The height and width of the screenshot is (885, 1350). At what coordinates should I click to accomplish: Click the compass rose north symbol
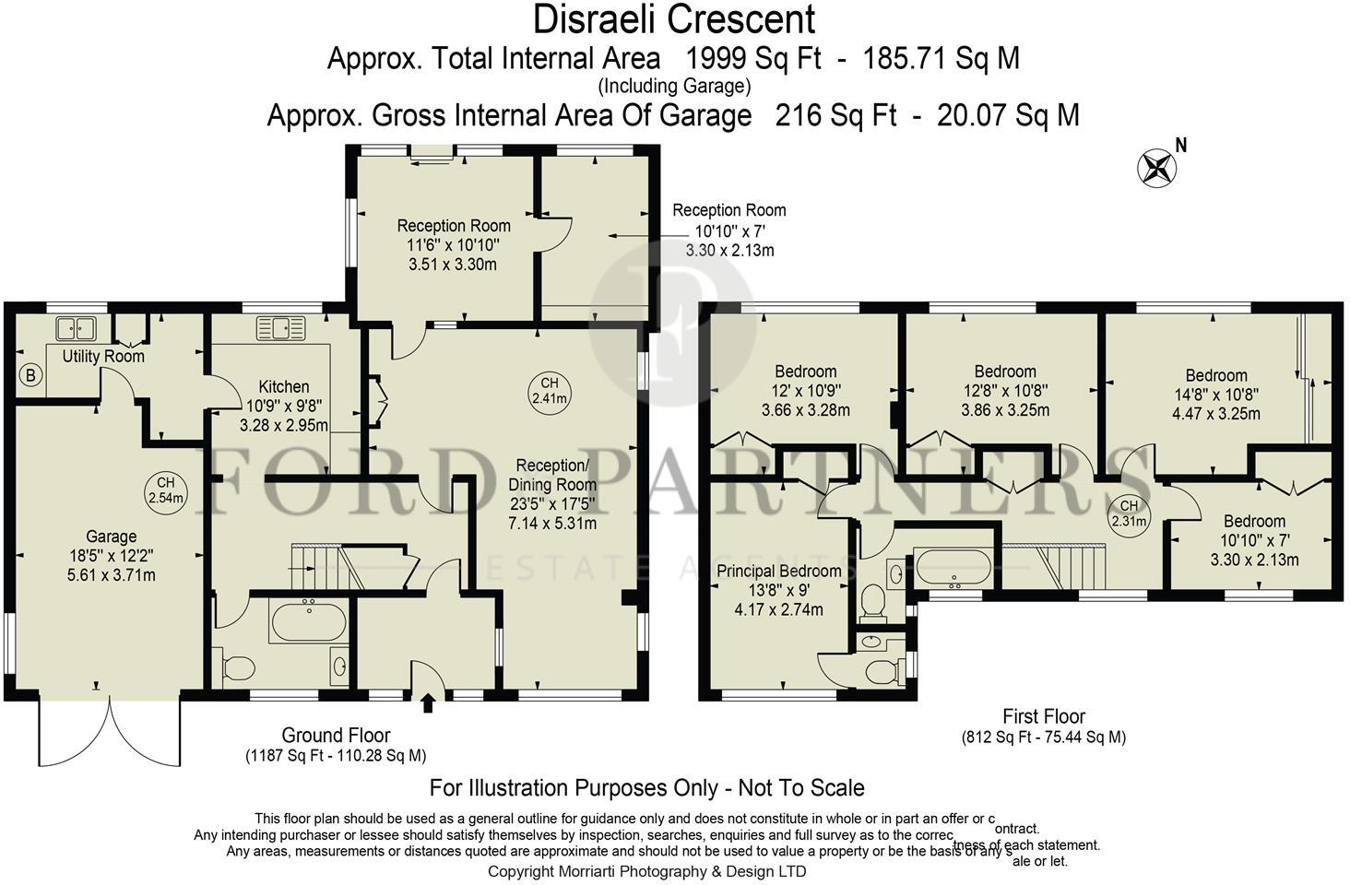click(1156, 167)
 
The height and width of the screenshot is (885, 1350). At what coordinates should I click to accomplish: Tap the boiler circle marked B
click(30, 375)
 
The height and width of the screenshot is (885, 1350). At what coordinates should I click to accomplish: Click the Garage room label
click(112, 537)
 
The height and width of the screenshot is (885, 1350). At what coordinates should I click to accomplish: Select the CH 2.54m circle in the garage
click(166, 490)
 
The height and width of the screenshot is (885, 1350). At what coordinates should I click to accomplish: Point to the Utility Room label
click(103, 356)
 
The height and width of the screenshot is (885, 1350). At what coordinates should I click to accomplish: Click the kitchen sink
click(281, 327)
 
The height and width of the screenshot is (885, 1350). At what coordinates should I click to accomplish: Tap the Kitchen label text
click(283, 387)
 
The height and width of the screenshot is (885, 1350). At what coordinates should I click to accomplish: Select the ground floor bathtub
click(308, 621)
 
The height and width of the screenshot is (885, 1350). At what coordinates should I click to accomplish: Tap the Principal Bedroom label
click(779, 572)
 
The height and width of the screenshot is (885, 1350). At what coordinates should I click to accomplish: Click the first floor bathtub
click(953, 568)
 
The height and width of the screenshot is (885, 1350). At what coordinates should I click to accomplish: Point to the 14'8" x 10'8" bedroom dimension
click(1215, 395)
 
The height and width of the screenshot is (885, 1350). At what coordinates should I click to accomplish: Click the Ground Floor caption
click(336, 736)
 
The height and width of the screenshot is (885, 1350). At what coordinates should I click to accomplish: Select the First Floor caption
click(1044, 716)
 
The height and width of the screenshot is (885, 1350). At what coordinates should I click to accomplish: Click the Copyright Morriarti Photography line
click(646, 871)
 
